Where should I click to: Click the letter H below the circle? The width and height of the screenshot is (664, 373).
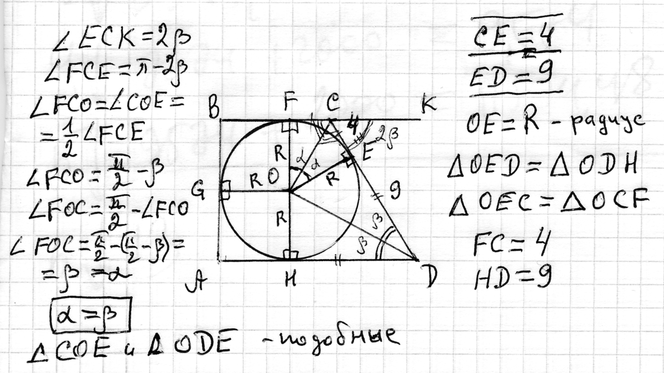[288, 282]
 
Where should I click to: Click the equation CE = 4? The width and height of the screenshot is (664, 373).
[514, 39]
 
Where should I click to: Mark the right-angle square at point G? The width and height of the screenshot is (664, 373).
[226, 191]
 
